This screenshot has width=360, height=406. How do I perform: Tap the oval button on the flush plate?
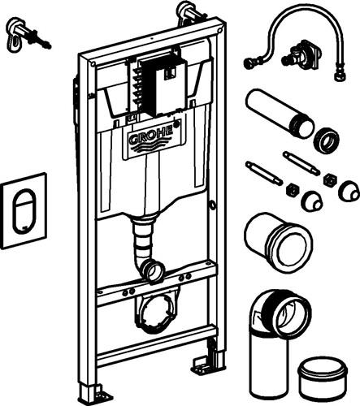tap(24, 211)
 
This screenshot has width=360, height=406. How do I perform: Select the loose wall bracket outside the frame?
tap(28, 36)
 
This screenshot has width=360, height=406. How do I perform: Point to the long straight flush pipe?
tap(280, 113)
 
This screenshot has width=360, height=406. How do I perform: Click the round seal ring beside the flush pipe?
tap(327, 140)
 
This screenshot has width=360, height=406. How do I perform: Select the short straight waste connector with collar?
tap(279, 242)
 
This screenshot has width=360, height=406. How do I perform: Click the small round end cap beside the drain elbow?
tap(323, 374)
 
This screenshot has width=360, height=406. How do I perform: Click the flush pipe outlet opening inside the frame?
tap(155, 271)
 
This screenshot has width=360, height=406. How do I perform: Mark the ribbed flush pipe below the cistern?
tap(143, 244)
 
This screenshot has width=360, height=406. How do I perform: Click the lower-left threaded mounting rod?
tap(264, 173)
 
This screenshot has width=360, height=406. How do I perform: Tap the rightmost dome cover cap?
tap(349, 191)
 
